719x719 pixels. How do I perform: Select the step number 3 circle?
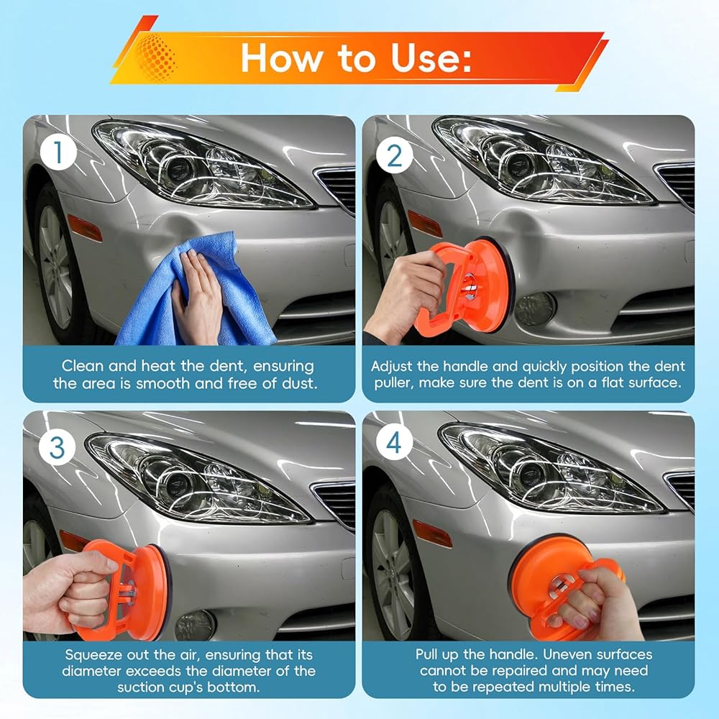coord(57,446)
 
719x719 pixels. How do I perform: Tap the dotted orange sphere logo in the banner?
coord(156,57)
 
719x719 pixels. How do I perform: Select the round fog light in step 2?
coord(535,308)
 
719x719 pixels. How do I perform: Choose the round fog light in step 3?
coord(194,626)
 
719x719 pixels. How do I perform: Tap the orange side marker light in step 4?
coord(432,533)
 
